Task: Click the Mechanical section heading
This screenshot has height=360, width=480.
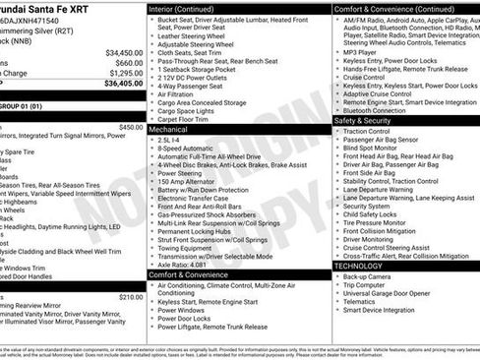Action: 168,129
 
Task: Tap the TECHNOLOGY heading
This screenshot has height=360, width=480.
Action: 358,266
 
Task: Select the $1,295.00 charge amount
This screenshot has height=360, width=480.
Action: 125,73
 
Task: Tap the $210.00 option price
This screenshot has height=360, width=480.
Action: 130,297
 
